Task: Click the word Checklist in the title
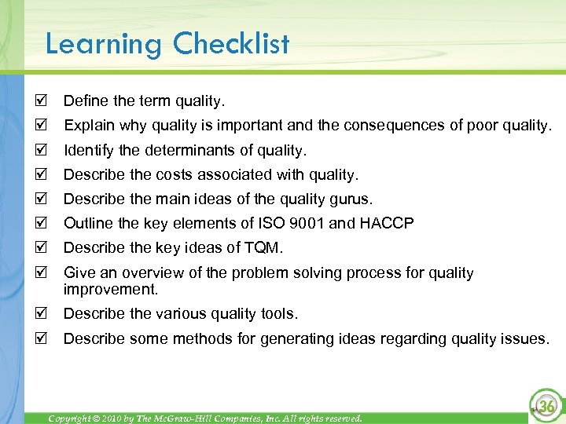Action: point(231,43)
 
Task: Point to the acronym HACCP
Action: point(387,224)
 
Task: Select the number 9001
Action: point(304,224)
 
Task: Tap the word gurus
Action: point(351,199)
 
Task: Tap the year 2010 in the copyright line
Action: point(101,419)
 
